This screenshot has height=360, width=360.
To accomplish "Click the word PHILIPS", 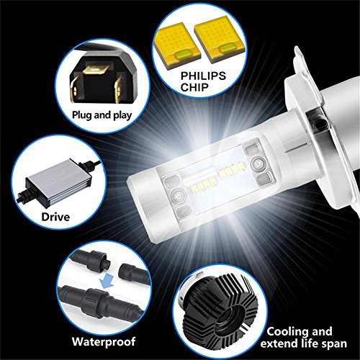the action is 203,76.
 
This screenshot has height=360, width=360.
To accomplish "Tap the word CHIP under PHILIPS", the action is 194,87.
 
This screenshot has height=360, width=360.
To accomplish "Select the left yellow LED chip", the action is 177,45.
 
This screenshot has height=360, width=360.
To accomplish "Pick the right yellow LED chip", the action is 220,40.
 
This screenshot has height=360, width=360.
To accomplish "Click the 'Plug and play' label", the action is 102,115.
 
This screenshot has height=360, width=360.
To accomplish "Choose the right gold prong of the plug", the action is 119,91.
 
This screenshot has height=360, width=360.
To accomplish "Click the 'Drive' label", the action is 55,217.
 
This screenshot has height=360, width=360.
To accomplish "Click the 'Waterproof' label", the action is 104,341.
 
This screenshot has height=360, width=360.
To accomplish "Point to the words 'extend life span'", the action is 304,343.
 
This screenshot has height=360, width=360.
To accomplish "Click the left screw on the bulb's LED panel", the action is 178,196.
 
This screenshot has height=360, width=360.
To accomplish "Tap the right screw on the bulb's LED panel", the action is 258,163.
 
